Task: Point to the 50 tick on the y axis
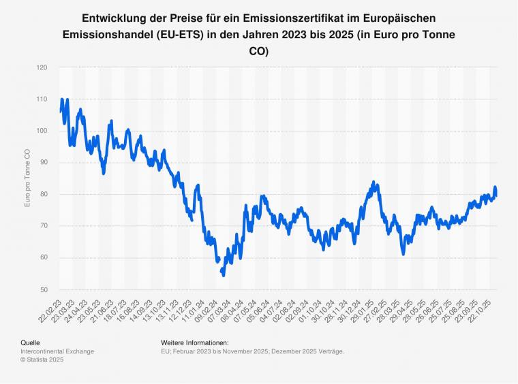click(x=44, y=289)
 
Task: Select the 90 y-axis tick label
click(x=44, y=162)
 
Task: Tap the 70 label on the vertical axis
click(x=44, y=225)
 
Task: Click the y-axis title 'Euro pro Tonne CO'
click(x=27, y=178)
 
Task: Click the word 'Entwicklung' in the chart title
click(x=116, y=18)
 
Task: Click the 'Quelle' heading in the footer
click(x=31, y=342)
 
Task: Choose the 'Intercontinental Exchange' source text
click(x=57, y=351)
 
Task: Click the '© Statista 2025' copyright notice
click(x=42, y=359)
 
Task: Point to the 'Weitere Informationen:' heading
click(x=194, y=342)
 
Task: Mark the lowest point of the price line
click(x=223, y=274)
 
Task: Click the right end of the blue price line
click(x=496, y=195)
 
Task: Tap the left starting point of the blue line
click(x=61, y=111)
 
